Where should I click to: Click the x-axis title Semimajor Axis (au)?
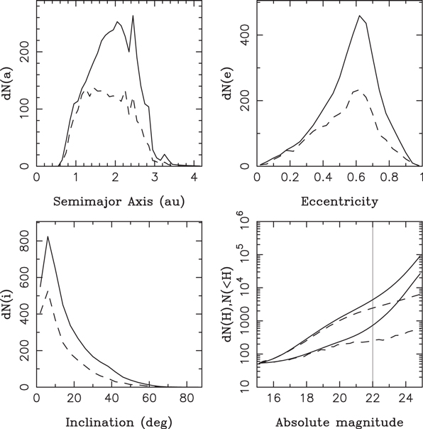119,202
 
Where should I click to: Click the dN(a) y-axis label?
10,84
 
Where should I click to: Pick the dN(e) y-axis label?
229,84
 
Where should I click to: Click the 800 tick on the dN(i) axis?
25,241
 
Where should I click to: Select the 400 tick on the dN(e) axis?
245,35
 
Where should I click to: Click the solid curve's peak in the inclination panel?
48,237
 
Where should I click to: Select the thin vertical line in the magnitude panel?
373,305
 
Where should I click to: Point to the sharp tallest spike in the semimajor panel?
133,16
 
